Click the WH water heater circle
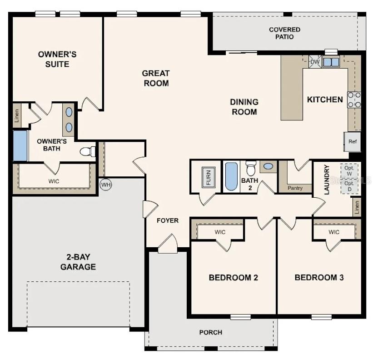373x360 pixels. (106, 185)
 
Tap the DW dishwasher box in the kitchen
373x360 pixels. (315, 62)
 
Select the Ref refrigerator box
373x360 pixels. (353, 141)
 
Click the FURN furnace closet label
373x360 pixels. (209, 177)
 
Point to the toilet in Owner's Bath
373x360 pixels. (88, 151)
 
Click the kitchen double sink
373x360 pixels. (331, 62)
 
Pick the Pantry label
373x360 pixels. (295, 188)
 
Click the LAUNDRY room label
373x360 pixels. (326, 180)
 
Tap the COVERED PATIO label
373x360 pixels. (284, 33)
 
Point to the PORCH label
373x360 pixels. (211, 332)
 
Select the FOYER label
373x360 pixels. (168, 220)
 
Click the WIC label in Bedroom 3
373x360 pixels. (334, 232)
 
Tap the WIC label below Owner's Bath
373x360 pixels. (54, 181)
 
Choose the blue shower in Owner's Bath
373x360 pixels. (20, 145)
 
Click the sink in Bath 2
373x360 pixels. (269, 166)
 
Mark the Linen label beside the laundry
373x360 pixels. (357, 207)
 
